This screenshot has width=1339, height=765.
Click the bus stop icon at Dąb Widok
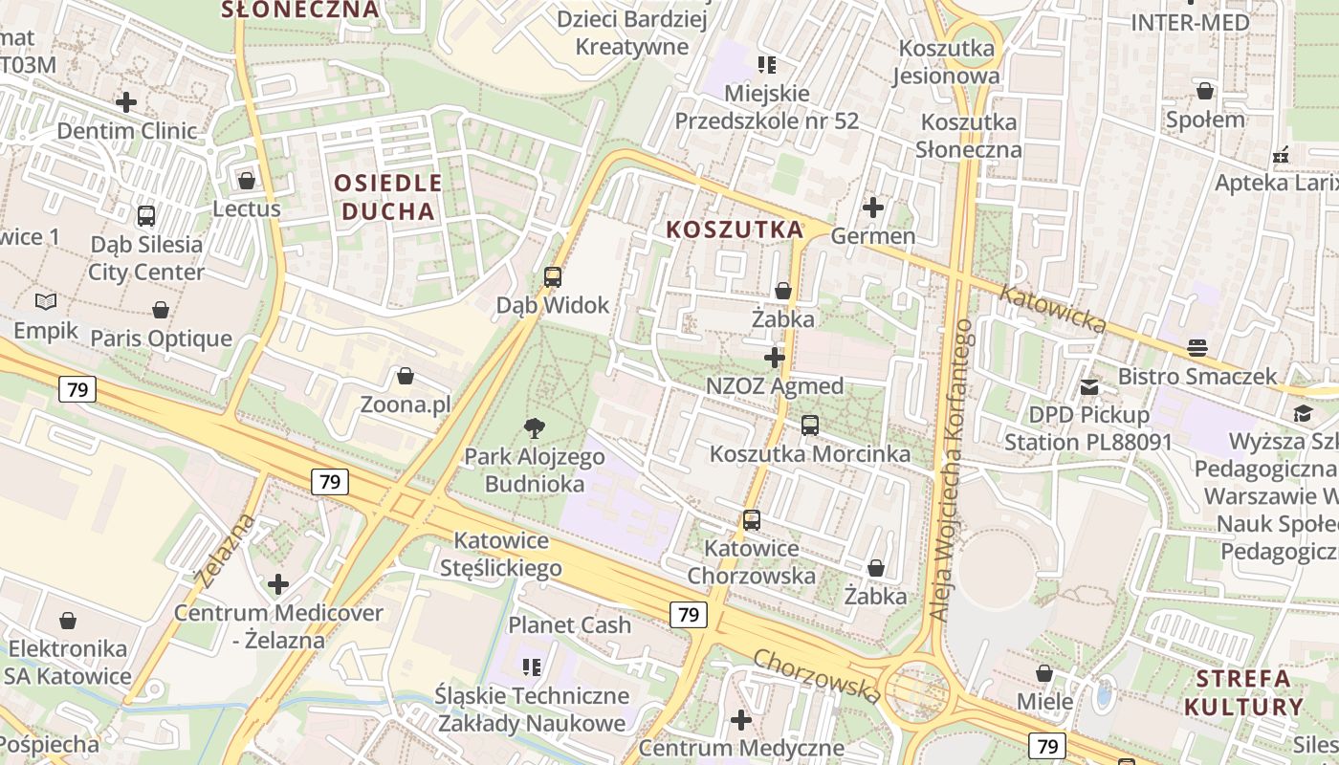pyautogui.click(x=553, y=277)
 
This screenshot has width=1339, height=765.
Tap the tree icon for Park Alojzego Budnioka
pyautogui.click(x=535, y=428)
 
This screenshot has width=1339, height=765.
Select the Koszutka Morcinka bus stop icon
pyautogui.click(x=810, y=426)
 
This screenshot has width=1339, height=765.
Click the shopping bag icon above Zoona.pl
pyautogui.click(x=406, y=376)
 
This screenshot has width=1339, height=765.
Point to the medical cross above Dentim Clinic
pyautogui.click(x=126, y=101)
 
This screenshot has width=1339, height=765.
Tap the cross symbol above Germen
pyautogui.click(x=873, y=207)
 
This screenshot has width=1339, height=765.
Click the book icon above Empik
pyautogui.click(x=46, y=302)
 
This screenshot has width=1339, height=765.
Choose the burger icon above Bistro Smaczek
pyautogui.click(x=1197, y=347)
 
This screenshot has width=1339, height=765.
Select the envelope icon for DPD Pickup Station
pyautogui.click(x=1089, y=387)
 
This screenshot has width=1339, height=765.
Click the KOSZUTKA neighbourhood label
pyautogui.click(x=735, y=229)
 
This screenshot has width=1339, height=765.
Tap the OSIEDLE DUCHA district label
pyautogui.click(x=388, y=197)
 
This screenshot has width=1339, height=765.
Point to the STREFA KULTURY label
pyautogui.click(x=1243, y=693)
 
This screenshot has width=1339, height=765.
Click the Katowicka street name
pyautogui.click(x=1051, y=308)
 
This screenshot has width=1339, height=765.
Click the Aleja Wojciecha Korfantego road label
pyautogui.click(x=953, y=469)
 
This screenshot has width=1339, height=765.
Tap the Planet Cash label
pyautogui.click(x=569, y=625)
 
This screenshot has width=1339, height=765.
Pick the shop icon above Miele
pyautogui.click(x=1044, y=673)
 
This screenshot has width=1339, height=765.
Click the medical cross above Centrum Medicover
pyautogui.click(x=278, y=583)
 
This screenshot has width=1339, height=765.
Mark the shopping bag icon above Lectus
pyautogui.click(x=247, y=180)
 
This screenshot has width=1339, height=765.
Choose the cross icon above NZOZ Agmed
pyautogui.click(x=775, y=358)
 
